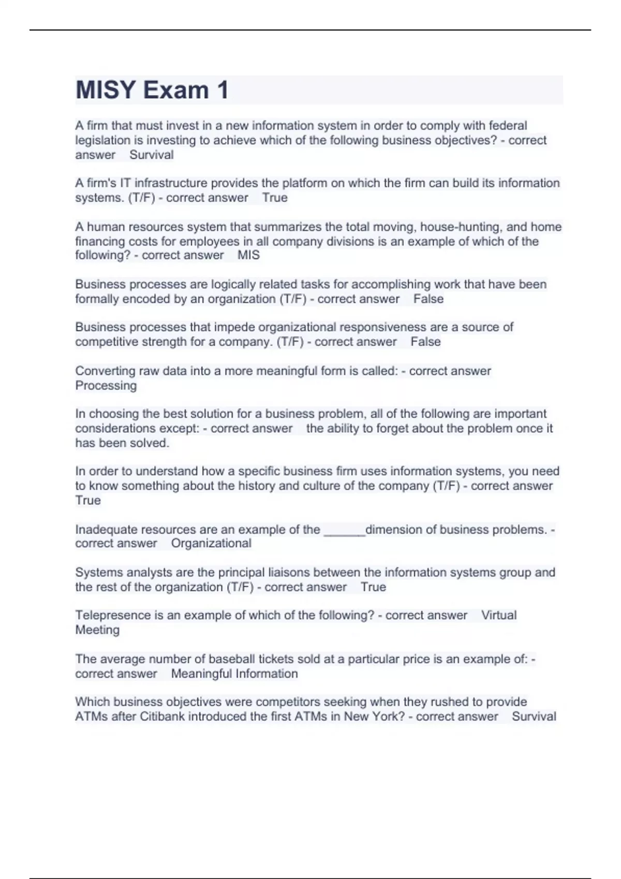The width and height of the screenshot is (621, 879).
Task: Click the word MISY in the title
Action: point(106,90)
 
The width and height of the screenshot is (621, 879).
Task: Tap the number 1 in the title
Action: point(223,90)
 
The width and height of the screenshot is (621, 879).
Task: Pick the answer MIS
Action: point(248,255)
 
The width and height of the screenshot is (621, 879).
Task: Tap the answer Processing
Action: point(106,385)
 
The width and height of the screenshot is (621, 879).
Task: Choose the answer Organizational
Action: point(211,543)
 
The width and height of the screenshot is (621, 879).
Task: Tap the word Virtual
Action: point(499,615)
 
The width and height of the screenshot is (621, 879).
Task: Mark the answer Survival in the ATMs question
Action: point(534,716)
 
